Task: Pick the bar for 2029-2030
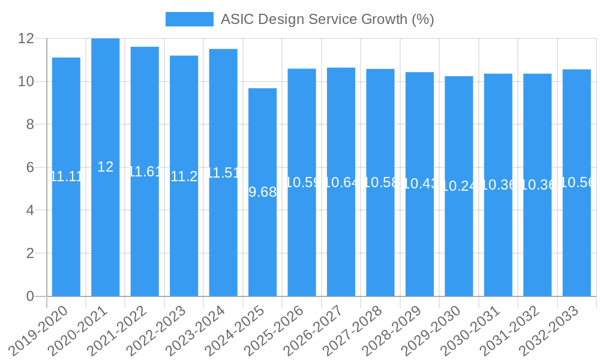(459, 240)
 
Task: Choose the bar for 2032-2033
(577, 240)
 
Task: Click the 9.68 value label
(263, 192)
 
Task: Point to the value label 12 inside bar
(106, 167)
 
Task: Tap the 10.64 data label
(341, 182)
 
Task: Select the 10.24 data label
(459, 187)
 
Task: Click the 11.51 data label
(223, 173)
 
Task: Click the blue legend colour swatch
(190, 19)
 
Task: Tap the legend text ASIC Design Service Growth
(327, 19)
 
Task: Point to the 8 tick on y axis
(29, 124)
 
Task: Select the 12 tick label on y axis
(26, 38)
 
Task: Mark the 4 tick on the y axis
(29, 211)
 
